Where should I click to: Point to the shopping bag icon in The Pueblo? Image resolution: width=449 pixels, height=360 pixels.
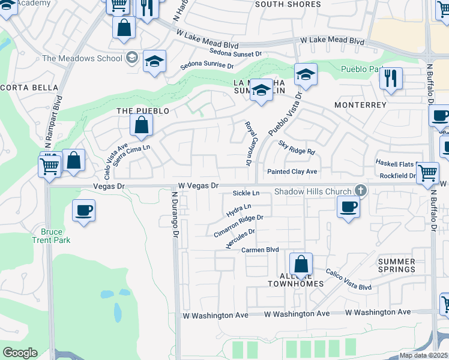click(142, 125)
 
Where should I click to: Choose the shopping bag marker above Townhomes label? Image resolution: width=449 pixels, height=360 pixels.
click(301, 264)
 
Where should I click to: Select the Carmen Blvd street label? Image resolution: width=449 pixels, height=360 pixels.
click(261, 249)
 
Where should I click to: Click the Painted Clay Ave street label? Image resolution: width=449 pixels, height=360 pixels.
click(292, 172)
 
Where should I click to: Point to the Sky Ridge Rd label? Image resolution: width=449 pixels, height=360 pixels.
click(297, 147)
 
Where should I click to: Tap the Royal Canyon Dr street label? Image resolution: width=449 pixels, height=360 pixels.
click(249, 143)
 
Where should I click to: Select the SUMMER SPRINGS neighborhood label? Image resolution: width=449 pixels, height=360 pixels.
click(397, 265)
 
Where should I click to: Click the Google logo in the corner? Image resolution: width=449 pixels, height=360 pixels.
click(20, 353)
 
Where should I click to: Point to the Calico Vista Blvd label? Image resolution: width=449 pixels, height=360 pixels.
click(349, 280)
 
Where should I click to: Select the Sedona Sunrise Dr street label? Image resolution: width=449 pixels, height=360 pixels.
click(208, 65)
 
